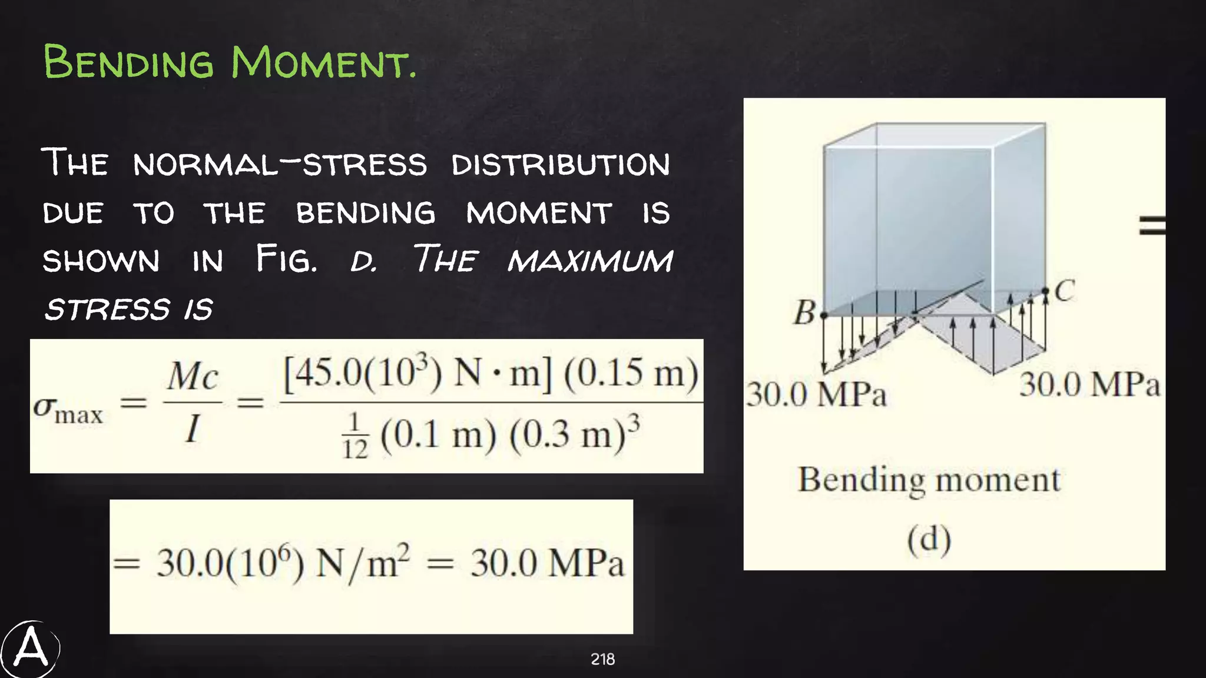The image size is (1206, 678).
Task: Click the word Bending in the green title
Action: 128,62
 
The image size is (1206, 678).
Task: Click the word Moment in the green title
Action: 323,62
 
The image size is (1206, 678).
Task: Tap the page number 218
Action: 602,659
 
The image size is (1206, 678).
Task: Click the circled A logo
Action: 30,649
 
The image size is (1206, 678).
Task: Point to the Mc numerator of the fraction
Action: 193,376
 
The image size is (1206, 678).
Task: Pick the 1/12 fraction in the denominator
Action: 355,436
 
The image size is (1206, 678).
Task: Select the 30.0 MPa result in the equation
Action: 547,563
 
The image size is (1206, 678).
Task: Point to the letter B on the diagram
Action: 804,313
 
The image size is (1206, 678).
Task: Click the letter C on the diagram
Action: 1065,291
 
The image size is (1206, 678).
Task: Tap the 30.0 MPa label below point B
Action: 816,394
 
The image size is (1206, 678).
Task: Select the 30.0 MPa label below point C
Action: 1089,385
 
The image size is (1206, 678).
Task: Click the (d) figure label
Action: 929,540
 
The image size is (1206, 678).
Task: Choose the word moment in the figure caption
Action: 998,480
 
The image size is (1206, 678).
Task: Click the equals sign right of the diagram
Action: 1152,225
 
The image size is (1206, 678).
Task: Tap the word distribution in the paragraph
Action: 561,164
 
